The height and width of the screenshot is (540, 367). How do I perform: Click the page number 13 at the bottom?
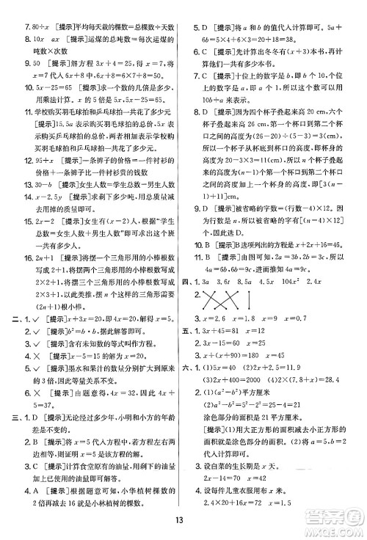click(183, 522)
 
